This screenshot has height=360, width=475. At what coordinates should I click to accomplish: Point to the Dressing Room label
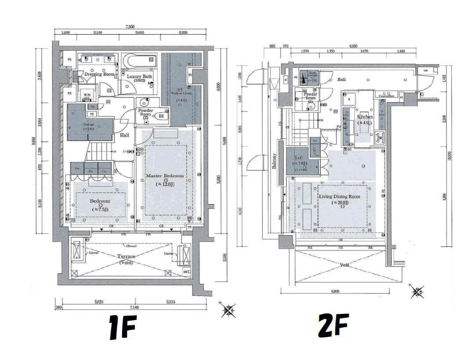tap(99, 74)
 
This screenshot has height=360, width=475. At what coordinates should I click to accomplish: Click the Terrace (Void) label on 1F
tap(126, 259)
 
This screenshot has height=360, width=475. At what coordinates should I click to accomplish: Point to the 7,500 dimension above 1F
tap(130, 27)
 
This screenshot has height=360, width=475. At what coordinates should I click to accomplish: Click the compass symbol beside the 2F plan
tap(417, 292)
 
